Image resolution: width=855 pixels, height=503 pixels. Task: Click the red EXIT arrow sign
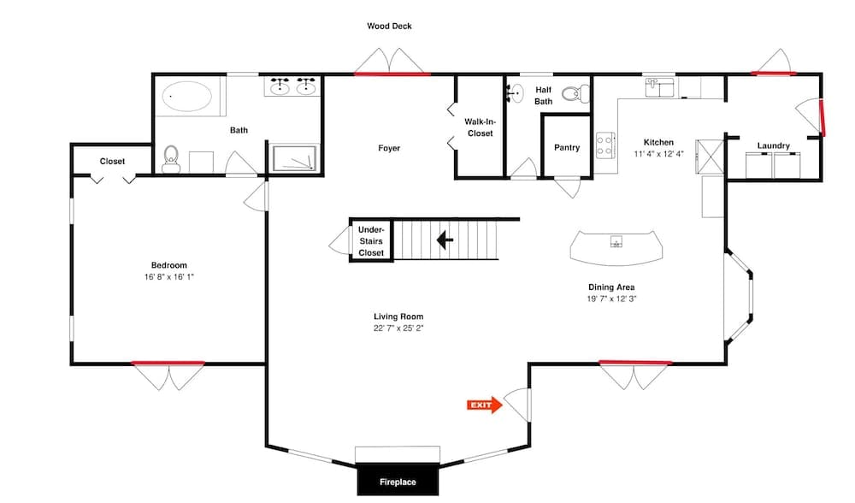(483, 405)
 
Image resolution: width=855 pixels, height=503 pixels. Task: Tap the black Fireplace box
(398, 482)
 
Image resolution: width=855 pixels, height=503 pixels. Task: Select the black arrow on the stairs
(445, 240)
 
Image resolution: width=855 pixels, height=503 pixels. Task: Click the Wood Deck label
(389, 27)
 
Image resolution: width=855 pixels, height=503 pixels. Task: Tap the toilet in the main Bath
(171, 159)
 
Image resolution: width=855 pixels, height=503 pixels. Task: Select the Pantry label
(567, 147)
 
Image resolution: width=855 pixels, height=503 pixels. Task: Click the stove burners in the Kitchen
(604, 145)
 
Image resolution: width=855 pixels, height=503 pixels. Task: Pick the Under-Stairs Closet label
(371, 241)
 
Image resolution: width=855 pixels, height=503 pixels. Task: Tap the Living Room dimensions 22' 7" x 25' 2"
(398, 328)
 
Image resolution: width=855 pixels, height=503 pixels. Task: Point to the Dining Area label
(610, 287)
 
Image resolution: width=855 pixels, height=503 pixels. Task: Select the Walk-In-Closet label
(480, 127)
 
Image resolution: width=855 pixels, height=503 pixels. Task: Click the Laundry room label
(773, 145)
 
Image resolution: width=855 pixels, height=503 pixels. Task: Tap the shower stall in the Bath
(294, 160)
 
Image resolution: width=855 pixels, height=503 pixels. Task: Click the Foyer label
(389, 148)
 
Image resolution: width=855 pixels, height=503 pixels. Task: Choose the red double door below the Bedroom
(168, 364)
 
